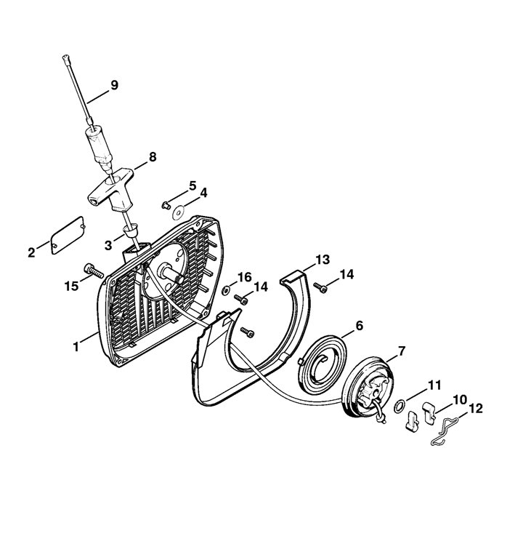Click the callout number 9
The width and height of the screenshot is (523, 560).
click(x=114, y=85)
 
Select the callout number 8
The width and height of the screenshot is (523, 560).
click(x=153, y=157)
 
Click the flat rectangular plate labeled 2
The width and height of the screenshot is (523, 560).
click(x=68, y=235)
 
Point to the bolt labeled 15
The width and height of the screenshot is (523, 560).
click(x=94, y=271)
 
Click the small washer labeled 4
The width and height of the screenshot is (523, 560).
click(x=178, y=214)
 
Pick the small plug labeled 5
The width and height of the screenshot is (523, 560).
click(x=165, y=205)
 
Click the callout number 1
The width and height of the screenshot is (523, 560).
click(x=76, y=346)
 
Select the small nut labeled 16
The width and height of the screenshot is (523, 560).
click(x=226, y=291)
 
